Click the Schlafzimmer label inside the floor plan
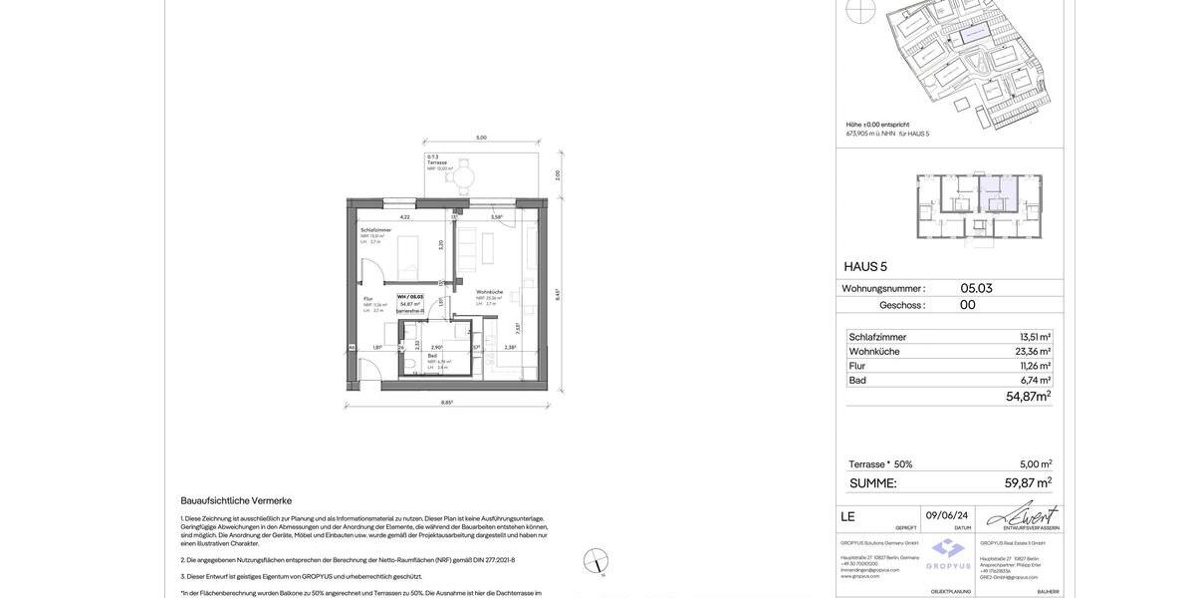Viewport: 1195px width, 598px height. pos(376,230)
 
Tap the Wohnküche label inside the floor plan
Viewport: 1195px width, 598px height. pos(489,292)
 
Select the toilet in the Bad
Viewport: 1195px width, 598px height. pos(410,366)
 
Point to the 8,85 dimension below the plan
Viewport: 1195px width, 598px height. pos(447,403)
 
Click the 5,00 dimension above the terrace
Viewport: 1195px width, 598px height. pos(481,138)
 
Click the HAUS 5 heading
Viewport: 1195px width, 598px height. pos(865,267)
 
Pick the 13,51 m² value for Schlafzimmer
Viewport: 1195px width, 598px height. pos(1035,337)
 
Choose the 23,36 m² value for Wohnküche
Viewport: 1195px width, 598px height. pos(1033,352)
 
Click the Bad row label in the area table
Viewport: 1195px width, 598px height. pos(857,381)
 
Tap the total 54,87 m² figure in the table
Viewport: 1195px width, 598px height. pos(1028,397)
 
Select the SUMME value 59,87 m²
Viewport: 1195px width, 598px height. pos(1028,483)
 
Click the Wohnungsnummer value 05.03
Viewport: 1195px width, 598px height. pos(976,289)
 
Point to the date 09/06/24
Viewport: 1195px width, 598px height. pos(947,515)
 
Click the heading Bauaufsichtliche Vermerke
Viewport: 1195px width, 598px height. pos(236,500)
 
